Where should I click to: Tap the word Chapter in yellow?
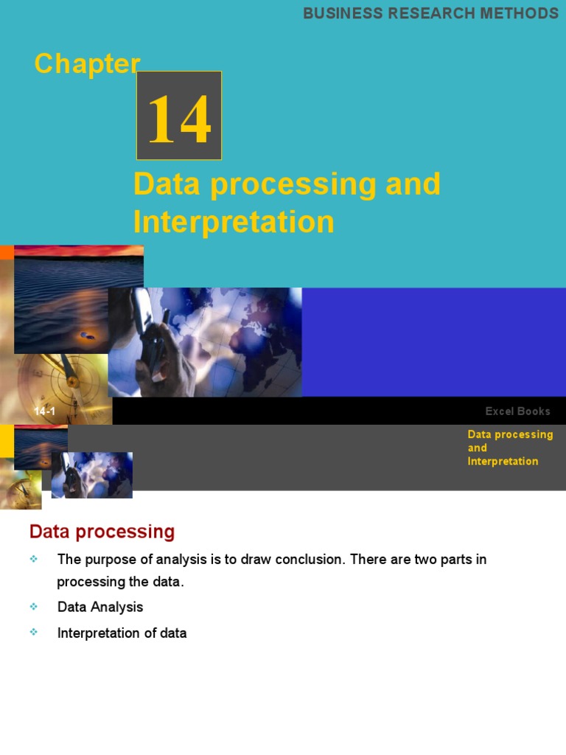87,64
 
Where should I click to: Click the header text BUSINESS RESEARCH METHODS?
430,13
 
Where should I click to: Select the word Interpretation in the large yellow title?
234,222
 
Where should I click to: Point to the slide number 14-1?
44,411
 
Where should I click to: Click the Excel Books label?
517,411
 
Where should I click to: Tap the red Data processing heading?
102,532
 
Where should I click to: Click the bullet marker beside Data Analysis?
34,607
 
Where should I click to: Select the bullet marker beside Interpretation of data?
34,633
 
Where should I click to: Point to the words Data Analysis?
100,608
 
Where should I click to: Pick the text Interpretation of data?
122,633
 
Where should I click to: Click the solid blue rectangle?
433,341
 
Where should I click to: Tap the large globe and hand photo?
205,342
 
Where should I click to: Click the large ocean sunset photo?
78,299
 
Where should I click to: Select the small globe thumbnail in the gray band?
92,475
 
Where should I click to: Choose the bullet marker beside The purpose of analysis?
34,560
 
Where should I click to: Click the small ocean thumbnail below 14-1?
41,447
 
